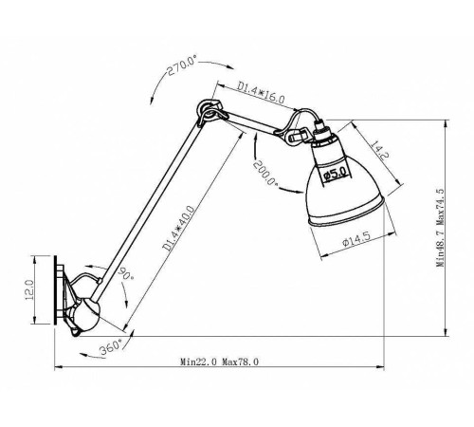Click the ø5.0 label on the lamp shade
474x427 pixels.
(334, 174)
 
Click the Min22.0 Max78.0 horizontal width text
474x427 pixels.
(220, 362)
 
